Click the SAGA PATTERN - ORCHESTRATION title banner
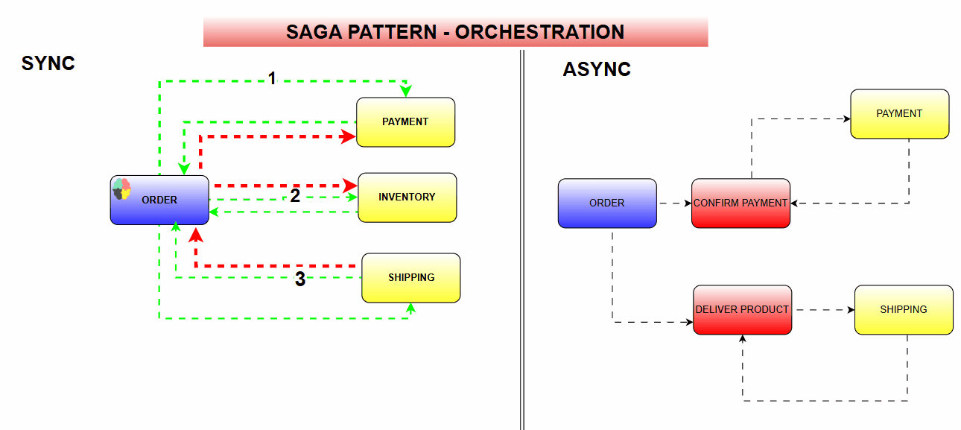(455, 32)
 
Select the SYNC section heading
(48, 63)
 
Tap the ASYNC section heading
(597, 69)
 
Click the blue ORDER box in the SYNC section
(159, 200)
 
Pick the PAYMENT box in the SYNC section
(405, 121)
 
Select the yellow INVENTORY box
(407, 197)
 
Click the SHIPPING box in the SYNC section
(410, 277)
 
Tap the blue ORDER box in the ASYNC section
(607, 203)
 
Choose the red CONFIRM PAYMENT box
(740, 203)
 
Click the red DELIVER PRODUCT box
(742, 309)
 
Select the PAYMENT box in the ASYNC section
(899, 113)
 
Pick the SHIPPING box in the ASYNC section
(903, 309)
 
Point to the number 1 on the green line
(272, 78)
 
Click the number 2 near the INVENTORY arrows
(295, 196)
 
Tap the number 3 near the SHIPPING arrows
(299, 279)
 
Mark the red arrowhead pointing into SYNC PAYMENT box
(348, 136)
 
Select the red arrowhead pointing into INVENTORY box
(349, 185)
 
